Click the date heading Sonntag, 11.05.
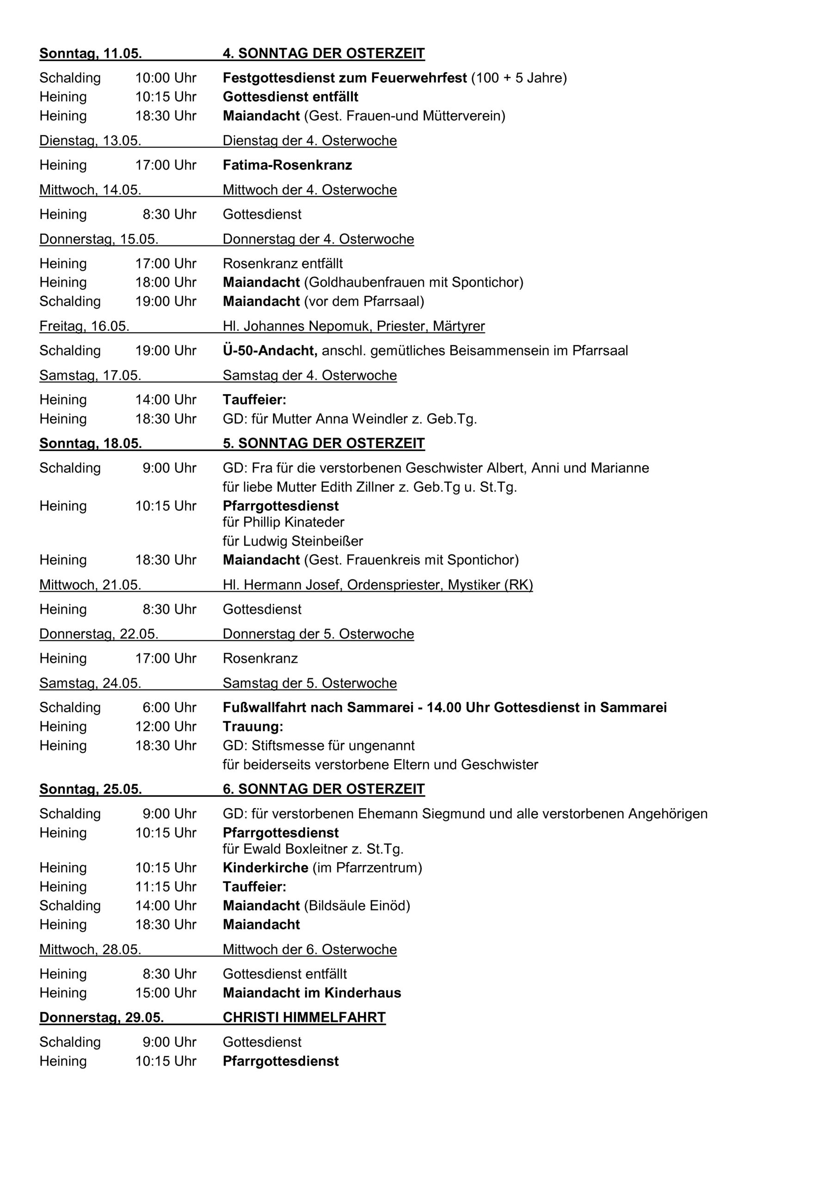click(x=90, y=54)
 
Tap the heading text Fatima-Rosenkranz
click(x=287, y=165)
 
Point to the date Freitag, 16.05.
click(x=84, y=326)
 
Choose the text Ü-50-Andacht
click(x=269, y=350)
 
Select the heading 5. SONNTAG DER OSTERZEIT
click(x=323, y=443)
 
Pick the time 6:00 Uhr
click(x=169, y=707)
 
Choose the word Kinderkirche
click(x=265, y=868)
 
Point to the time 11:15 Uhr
click(x=166, y=887)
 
